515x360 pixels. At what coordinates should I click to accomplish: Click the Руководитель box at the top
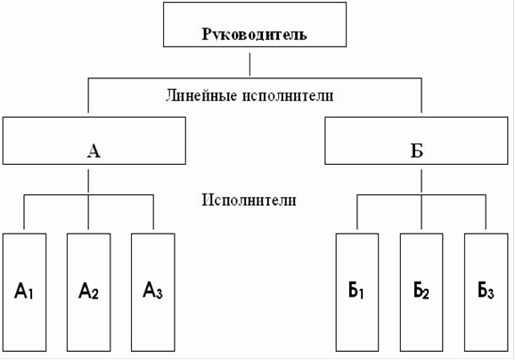(255, 25)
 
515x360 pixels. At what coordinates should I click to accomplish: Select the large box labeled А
(94, 141)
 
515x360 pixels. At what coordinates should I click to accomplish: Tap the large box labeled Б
(416, 141)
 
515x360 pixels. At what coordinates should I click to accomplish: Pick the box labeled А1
(24, 292)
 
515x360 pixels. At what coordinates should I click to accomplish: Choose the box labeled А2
(89, 292)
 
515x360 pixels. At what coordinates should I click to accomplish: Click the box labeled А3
(153, 292)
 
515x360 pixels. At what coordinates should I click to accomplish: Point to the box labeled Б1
(357, 292)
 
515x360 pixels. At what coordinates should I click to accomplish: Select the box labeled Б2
(421, 292)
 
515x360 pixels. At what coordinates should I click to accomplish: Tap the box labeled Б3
(486, 292)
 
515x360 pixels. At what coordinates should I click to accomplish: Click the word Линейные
(201, 95)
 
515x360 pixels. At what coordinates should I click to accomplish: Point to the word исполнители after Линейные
(288, 95)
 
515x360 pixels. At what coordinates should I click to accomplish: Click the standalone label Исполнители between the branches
(249, 200)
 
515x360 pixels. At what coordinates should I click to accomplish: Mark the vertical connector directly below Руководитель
(249, 64)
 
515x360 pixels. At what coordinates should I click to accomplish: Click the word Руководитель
(255, 35)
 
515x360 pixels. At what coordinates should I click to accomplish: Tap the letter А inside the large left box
(94, 151)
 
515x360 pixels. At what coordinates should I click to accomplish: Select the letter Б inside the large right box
(417, 151)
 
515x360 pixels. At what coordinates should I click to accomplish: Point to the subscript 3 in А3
(159, 294)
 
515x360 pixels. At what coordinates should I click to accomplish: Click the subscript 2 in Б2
(425, 294)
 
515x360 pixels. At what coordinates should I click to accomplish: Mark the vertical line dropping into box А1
(24, 212)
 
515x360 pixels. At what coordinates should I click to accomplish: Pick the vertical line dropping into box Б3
(486, 212)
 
